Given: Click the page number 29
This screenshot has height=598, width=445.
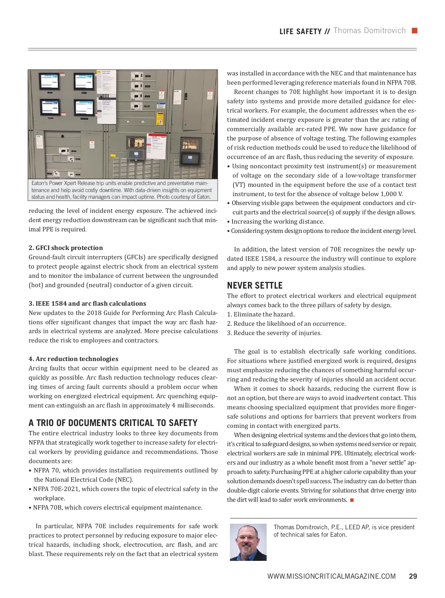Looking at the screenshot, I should pos(413,576).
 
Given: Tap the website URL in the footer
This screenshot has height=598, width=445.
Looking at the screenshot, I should pos(332,576).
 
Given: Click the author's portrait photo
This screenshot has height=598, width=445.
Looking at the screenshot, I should pos(248,542).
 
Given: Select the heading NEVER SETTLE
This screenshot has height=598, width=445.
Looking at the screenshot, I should pos(255,285).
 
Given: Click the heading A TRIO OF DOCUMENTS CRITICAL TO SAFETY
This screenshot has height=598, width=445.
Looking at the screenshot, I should pos(113,423).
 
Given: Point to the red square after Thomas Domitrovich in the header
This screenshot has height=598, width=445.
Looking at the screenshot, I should pos(415,30).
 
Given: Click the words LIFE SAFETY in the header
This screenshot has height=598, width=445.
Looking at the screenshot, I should pos(300,32).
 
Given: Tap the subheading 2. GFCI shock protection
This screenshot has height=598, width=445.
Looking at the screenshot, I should pos(66,248).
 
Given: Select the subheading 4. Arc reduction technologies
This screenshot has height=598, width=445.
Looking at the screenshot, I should pos(73,359).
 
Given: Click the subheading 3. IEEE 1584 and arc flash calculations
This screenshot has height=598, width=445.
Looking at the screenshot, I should pos(87,303).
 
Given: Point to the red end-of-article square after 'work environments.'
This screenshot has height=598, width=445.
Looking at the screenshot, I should pos(352,500).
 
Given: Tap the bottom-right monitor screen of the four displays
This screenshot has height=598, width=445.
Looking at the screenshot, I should pos(84,108).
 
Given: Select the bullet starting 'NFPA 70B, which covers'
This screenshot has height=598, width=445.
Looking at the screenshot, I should pos(118,507).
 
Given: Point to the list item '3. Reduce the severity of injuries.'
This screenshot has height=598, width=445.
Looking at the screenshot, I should pos(274,333).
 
